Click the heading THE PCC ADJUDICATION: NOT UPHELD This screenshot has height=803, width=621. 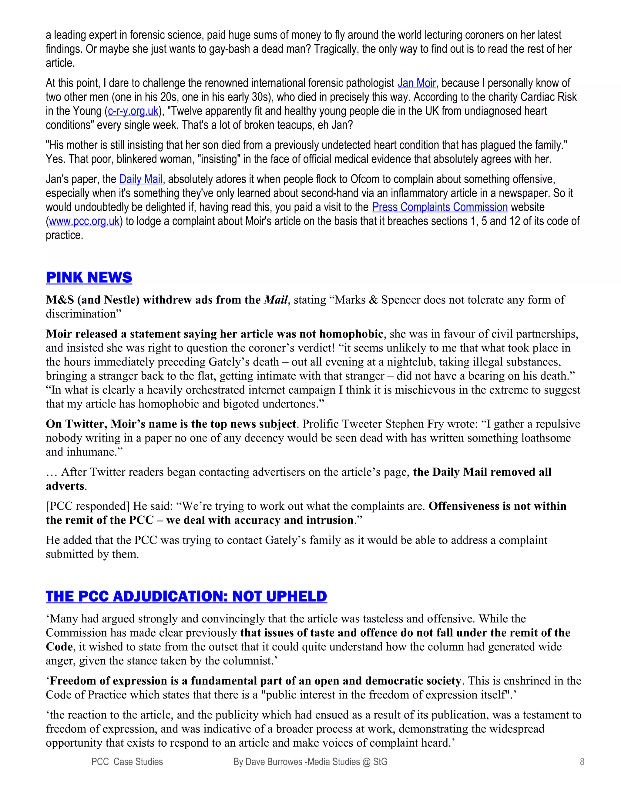click(x=186, y=596)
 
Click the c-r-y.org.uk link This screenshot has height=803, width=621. click(x=133, y=111)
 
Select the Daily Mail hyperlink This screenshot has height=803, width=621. click(x=141, y=179)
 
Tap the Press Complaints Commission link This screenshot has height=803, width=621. click(x=440, y=207)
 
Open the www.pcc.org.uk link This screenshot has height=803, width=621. click(x=84, y=221)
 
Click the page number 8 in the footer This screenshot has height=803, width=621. click(x=582, y=761)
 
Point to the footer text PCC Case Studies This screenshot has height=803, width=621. click(x=127, y=761)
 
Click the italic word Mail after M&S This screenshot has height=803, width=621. click(x=276, y=300)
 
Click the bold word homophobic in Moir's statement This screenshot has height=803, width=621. click(x=351, y=334)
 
